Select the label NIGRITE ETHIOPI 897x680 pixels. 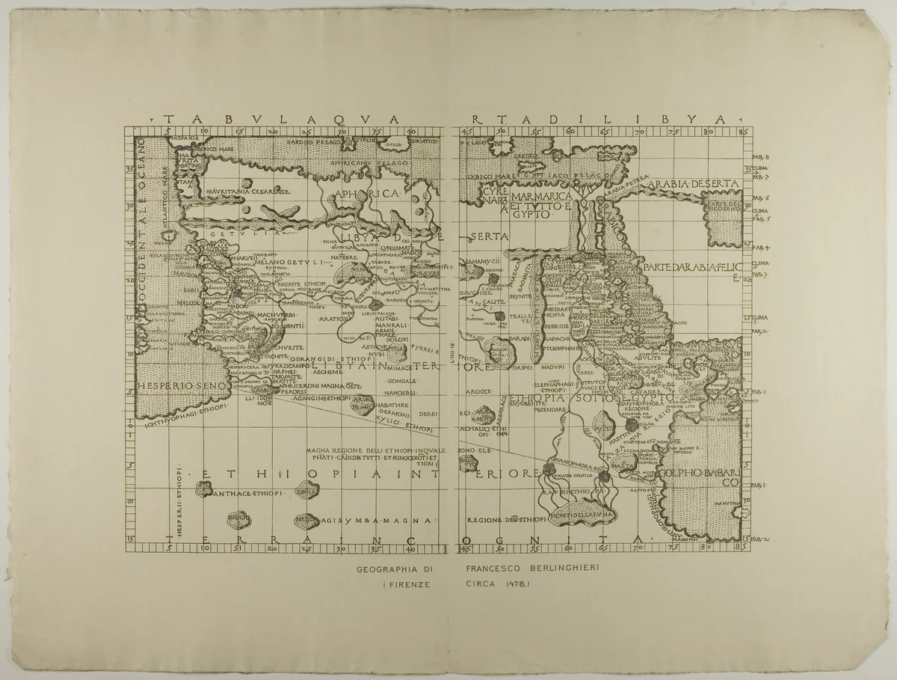(303, 285)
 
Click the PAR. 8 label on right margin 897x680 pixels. (761, 157)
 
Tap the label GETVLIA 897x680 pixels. (227, 234)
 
